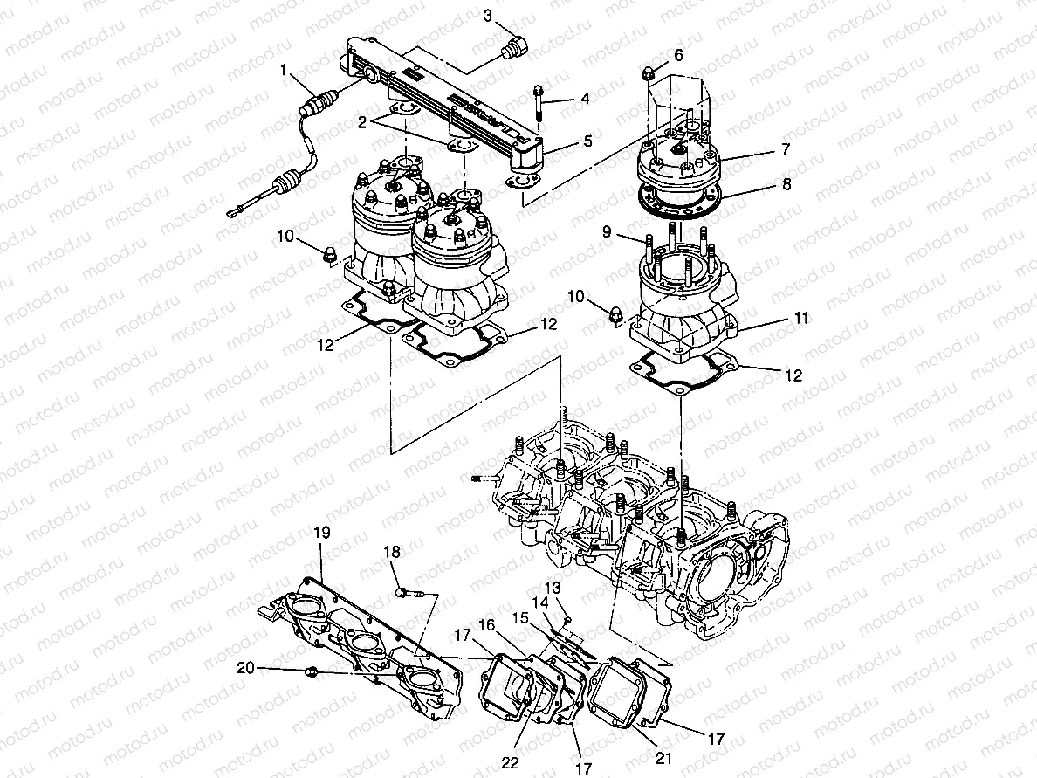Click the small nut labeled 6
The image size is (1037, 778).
coord(649,73)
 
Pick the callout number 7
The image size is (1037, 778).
coord(785,150)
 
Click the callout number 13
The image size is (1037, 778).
coord(553,586)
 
